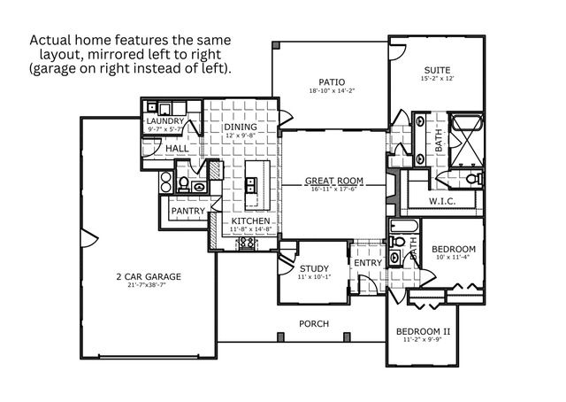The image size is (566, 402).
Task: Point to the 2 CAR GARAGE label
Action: point(149,277)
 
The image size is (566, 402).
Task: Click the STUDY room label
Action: point(314,268)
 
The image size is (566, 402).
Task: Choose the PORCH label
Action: point(314,324)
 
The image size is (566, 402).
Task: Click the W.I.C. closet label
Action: point(442,202)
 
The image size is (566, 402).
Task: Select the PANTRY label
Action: point(187,212)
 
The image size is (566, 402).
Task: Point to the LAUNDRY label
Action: point(164,120)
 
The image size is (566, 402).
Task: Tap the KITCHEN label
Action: point(251,221)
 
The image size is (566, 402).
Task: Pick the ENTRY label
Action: point(368,264)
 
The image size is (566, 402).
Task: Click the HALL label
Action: point(177,149)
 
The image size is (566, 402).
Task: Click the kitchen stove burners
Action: point(246,240)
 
